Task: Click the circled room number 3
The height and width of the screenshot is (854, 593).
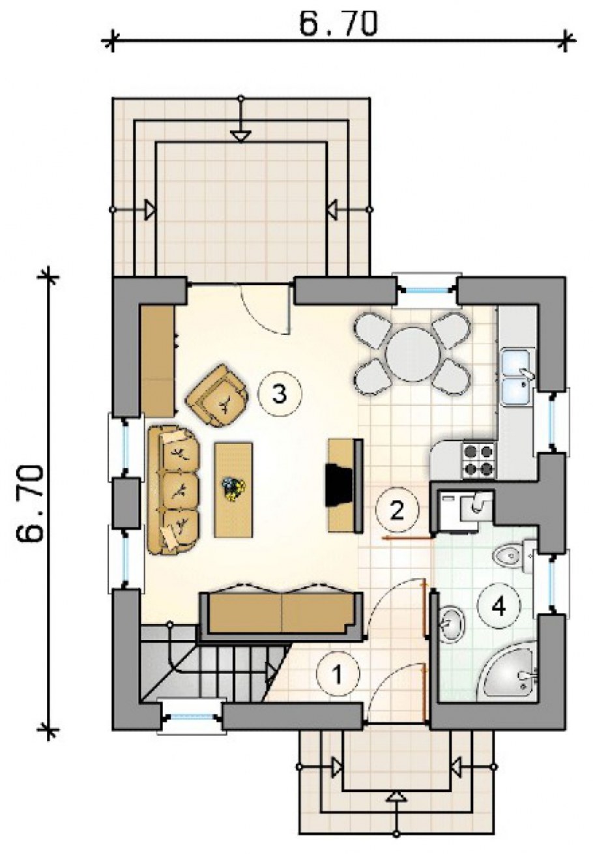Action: [280, 394]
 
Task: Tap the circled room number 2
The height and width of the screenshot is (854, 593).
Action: [397, 510]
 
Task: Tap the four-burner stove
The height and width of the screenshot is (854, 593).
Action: [479, 460]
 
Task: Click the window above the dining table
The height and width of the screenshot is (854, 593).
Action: [426, 289]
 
